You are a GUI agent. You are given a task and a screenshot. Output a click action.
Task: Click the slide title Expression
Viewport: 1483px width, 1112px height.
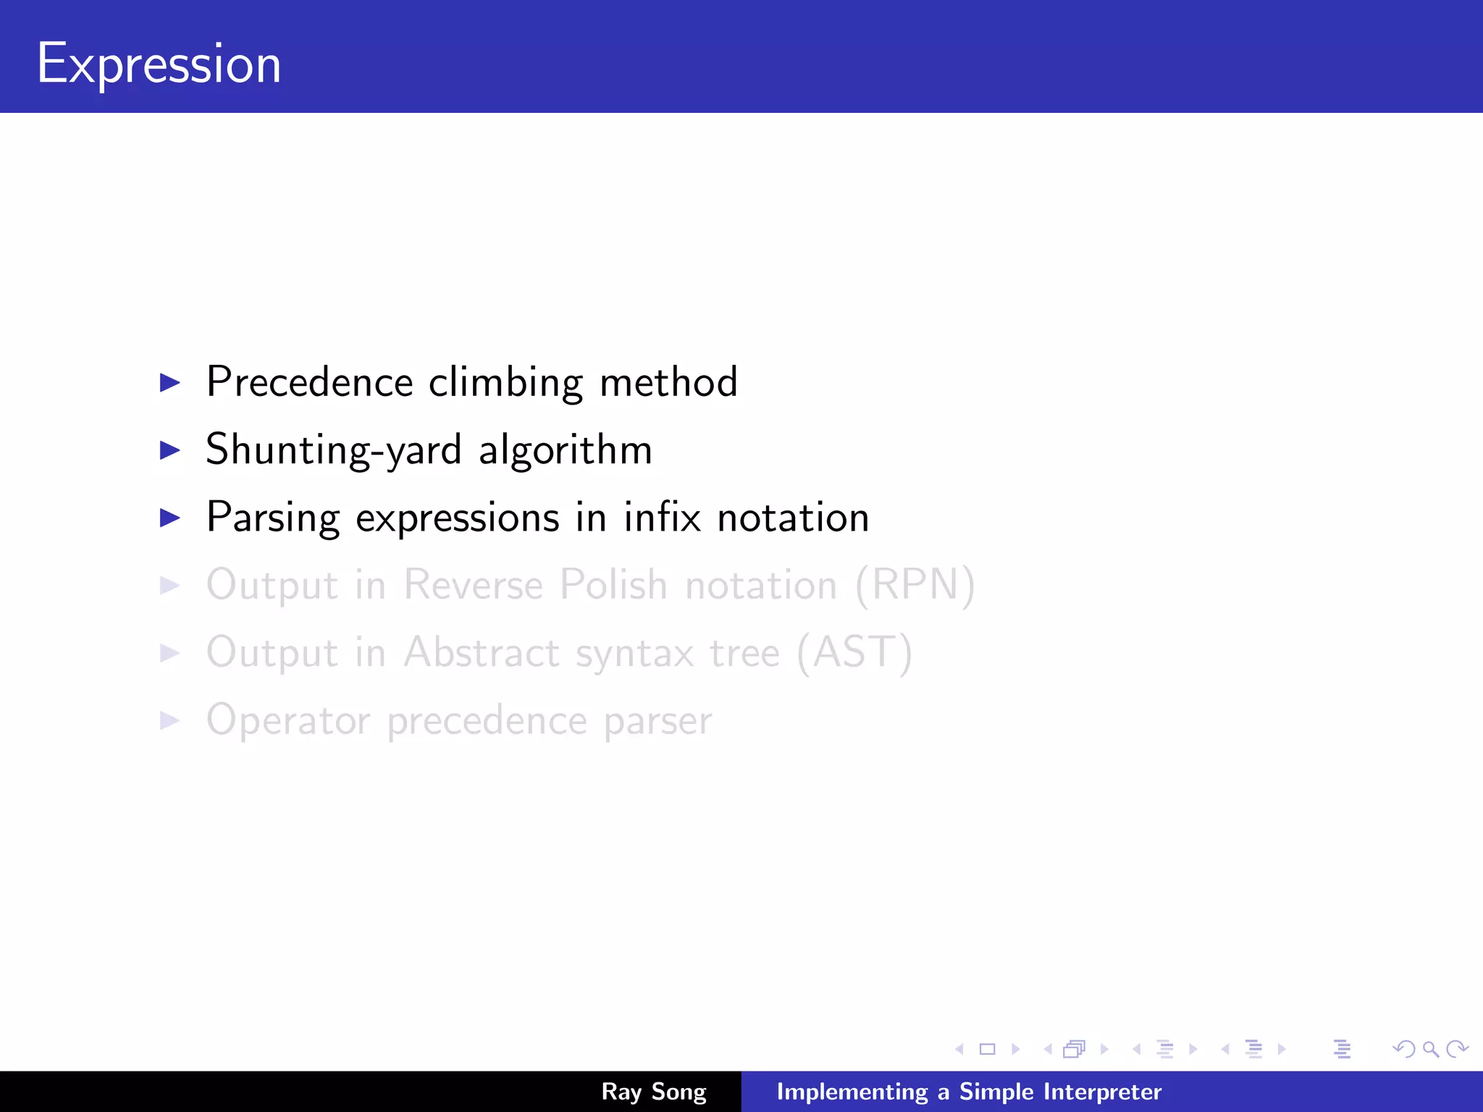159,64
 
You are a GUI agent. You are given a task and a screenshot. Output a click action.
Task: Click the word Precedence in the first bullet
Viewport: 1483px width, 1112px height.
309,382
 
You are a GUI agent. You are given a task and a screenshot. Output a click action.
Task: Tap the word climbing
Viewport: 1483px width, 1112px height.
505,383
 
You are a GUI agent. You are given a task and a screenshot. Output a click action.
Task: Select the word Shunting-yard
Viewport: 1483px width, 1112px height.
333,450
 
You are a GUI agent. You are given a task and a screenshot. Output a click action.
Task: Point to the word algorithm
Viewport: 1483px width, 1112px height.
566,450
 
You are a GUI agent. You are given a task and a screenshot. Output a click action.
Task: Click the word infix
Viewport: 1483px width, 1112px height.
662,517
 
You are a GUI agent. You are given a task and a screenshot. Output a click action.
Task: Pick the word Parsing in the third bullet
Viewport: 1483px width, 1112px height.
273,518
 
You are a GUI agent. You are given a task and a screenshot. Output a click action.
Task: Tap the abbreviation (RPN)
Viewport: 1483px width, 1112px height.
915,584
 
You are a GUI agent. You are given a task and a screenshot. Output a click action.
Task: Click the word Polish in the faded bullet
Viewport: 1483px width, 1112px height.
613,584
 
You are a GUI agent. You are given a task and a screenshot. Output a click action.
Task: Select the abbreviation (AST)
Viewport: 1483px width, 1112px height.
854,652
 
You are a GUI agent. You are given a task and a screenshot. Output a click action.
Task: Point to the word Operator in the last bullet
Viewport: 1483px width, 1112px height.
288,720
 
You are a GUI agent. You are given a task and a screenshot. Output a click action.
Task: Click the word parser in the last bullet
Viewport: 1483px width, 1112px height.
658,722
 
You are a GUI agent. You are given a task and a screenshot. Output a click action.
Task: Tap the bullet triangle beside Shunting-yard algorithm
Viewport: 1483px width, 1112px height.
169,450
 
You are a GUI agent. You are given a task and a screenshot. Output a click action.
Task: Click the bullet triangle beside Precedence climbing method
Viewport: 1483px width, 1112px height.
169,382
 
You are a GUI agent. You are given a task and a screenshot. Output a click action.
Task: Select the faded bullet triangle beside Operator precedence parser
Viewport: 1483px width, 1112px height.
169,720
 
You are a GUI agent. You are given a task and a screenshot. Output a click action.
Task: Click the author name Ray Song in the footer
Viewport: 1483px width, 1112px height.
653,1091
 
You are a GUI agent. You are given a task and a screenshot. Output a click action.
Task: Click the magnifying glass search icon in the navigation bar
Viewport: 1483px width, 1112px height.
1430,1049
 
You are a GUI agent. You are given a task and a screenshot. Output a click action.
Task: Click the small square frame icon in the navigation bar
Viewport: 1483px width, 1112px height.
987,1049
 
